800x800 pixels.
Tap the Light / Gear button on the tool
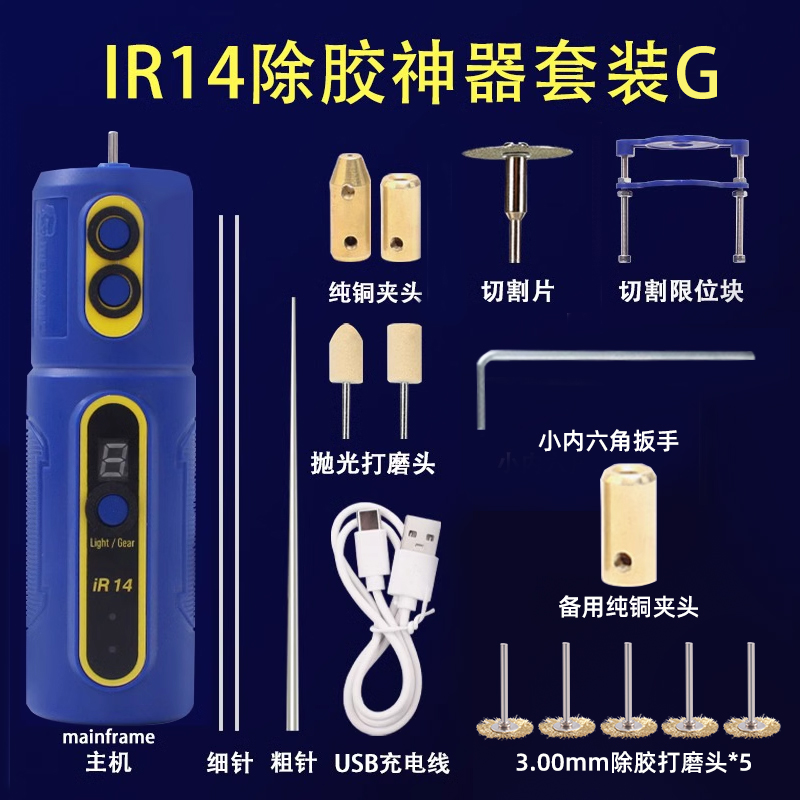[112, 510]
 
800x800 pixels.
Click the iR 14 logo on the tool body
[113, 585]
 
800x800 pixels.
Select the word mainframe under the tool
[109, 737]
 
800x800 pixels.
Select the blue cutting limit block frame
[682, 199]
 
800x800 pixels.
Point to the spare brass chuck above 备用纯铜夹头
[628, 525]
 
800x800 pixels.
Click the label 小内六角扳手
[608, 441]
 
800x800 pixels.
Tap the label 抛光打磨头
[373, 464]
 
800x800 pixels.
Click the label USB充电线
[392, 764]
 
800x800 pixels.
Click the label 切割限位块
[681, 291]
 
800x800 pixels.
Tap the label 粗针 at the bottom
[293, 764]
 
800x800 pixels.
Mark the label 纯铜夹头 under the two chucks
[375, 293]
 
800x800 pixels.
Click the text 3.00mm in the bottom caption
[562, 764]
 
